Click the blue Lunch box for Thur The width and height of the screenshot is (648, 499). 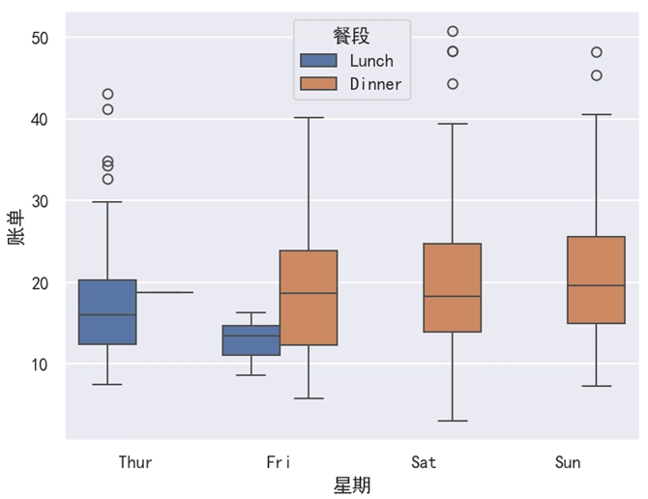(x=107, y=311)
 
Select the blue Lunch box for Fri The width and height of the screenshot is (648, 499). (x=251, y=340)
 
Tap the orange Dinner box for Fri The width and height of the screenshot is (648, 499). (x=309, y=298)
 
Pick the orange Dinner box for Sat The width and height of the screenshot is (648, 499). (x=453, y=287)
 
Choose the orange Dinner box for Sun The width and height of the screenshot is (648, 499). (x=596, y=279)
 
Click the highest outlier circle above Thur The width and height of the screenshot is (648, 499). (x=107, y=94)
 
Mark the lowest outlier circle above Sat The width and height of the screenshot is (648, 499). (x=453, y=84)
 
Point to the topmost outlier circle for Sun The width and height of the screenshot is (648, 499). (x=597, y=52)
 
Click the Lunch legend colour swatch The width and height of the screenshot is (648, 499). (x=319, y=60)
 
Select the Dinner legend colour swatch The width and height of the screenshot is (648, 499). (x=319, y=84)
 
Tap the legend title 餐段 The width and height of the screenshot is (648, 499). (x=351, y=36)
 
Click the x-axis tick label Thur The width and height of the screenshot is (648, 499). (x=135, y=462)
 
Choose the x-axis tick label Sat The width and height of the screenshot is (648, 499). (x=424, y=462)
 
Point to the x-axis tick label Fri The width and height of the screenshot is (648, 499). (x=279, y=462)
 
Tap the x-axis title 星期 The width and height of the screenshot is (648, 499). (x=352, y=484)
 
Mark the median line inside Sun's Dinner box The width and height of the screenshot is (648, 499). (x=596, y=285)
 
